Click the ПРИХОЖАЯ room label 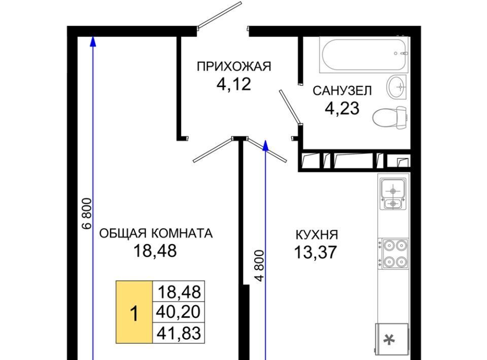click(234, 66)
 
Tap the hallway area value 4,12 click(233, 84)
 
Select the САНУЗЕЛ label click(342, 91)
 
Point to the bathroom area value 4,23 click(342, 109)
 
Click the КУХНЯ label click(317, 235)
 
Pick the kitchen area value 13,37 click(315, 252)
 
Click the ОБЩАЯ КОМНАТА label click(156, 233)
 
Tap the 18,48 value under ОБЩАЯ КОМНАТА click(155, 251)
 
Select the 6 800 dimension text click(87, 213)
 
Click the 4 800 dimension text click(260, 266)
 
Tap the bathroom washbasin click(397, 87)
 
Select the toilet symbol click(390, 118)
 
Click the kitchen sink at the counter click(393, 194)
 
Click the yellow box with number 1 click(134, 312)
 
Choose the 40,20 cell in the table click(179, 312)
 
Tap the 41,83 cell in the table click(179, 333)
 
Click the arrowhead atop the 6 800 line click(92, 42)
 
